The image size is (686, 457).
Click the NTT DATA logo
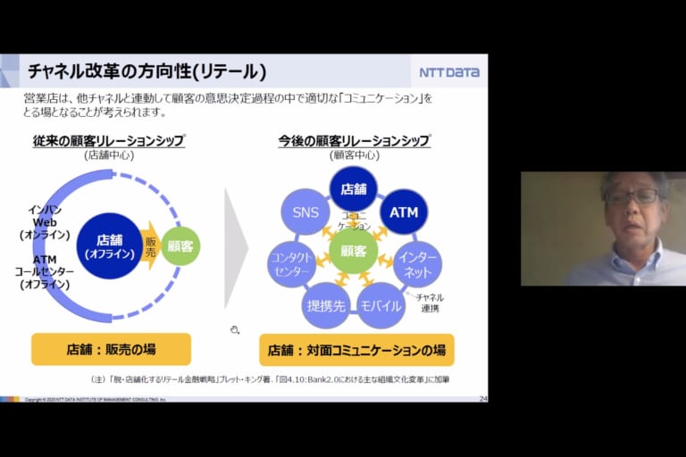click(x=449, y=72)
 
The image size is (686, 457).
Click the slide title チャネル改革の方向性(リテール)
click(x=146, y=71)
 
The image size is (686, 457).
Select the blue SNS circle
click(x=305, y=212)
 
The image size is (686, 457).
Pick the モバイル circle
click(x=381, y=305)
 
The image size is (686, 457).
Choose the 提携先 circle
click(x=325, y=305)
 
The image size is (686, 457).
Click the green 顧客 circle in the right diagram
click(x=354, y=251)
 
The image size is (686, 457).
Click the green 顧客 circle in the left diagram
click(x=180, y=245)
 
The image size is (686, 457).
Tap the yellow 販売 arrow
click(x=150, y=245)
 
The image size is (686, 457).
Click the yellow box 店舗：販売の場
click(x=111, y=349)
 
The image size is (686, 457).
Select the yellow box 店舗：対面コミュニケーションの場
click(x=356, y=349)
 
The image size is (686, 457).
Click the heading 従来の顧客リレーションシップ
click(x=109, y=141)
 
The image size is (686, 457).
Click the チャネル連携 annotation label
click(x=430, y=303)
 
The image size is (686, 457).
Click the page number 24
click(x=483, y=398)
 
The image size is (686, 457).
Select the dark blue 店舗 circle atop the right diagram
click(x=354, y=188)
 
